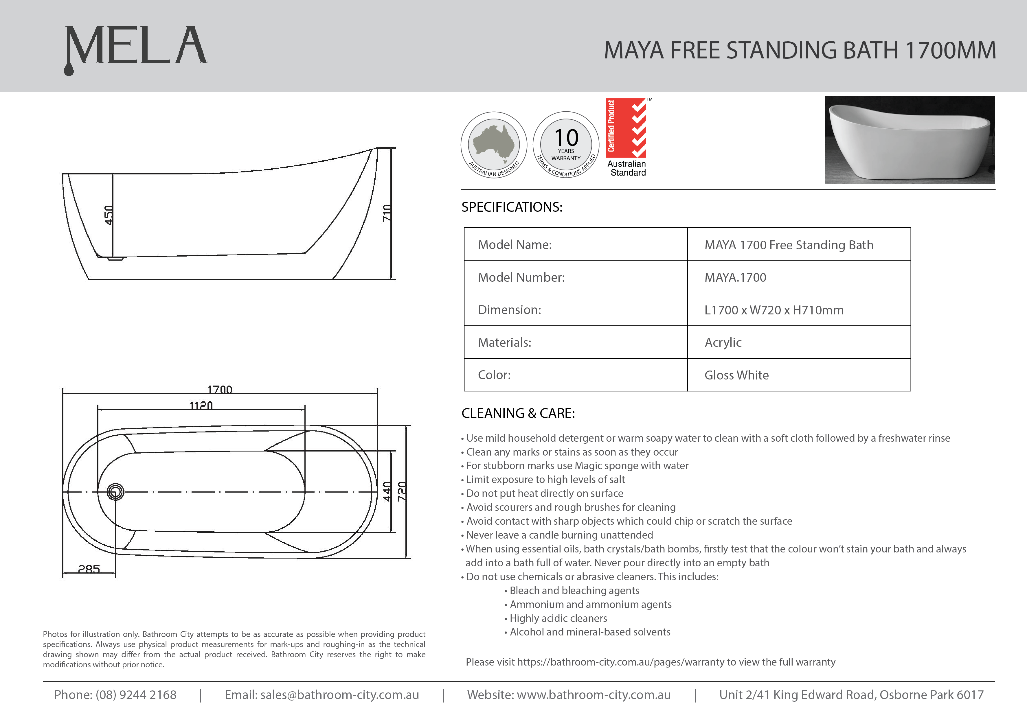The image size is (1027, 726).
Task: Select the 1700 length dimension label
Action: coord(220,389)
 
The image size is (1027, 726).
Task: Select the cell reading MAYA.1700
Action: coord(735,277)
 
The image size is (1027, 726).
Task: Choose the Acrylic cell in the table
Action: coord(723,342)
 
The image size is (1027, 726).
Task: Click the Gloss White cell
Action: coord(736,375)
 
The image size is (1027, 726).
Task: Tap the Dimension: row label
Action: coord(510,310)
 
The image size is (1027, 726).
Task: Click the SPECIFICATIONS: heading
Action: coord(512,207)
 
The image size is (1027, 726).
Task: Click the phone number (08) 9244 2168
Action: coord(136,695)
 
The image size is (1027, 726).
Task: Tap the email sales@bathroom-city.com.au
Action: coord(339,695)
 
